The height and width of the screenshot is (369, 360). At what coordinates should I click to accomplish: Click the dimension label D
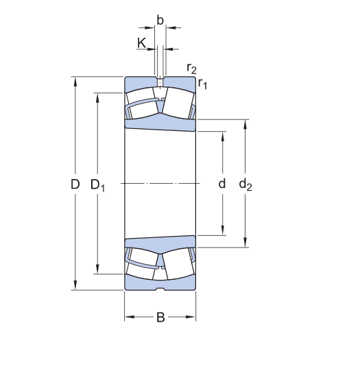[x=75, y=184]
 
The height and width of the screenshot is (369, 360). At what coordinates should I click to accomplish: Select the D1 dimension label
[x=97, y=185]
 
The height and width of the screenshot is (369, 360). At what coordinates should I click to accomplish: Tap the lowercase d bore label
[x=222, y=183]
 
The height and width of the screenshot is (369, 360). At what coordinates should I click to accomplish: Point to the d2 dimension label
[x=245, y=184]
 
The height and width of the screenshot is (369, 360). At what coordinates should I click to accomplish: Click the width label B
[x=160, y=317]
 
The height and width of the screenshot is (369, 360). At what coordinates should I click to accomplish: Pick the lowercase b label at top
[x=160, y=21]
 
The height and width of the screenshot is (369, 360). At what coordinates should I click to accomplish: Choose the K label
[x=141, y=43]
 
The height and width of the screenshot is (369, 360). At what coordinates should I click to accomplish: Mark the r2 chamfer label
[x=191, y=69]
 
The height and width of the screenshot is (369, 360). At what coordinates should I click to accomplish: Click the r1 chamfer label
[x=202, y=83]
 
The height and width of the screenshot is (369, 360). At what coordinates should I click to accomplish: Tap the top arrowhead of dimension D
[x=75, y=81]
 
